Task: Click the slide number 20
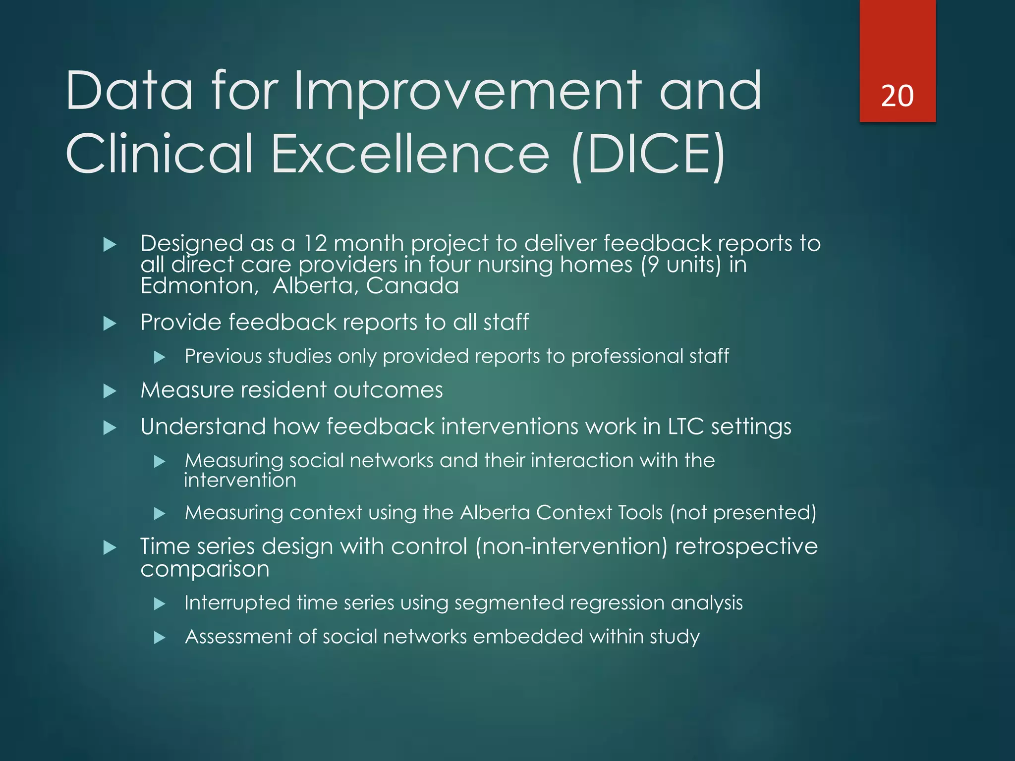click(897, 96)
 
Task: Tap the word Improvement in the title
click(467, 92)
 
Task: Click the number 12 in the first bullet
click(315, 243)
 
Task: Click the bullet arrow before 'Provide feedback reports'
click(110, 324)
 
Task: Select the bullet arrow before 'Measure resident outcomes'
click(110, 391)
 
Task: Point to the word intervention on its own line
click(240, 481)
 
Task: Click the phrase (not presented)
click(742, 512)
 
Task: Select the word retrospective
click(746, 546)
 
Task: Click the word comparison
click(205, 569)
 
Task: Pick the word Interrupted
click(237, 603)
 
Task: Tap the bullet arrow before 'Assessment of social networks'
click(159, 638)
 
